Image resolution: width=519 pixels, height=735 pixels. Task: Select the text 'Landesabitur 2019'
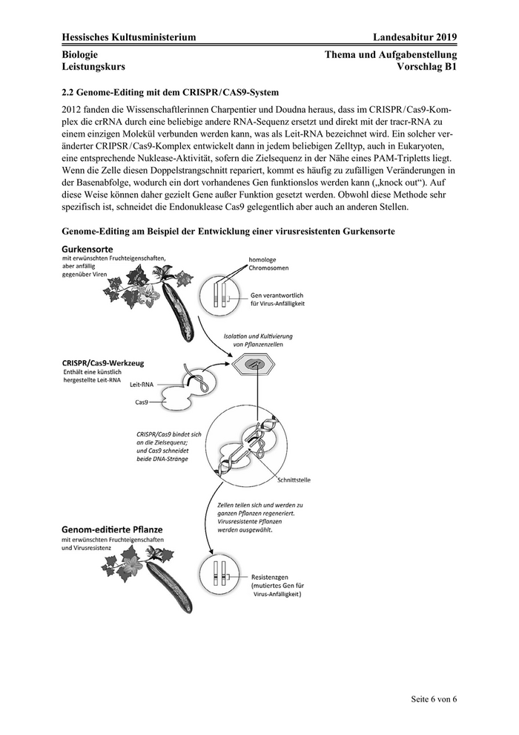[x=415, y=38]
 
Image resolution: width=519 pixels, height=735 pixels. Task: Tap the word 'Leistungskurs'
[x=93, y=66]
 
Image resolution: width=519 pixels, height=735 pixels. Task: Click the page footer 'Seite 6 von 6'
[x=434, y=699]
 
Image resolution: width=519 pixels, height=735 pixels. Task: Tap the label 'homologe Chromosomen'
[x=274, y=264]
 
